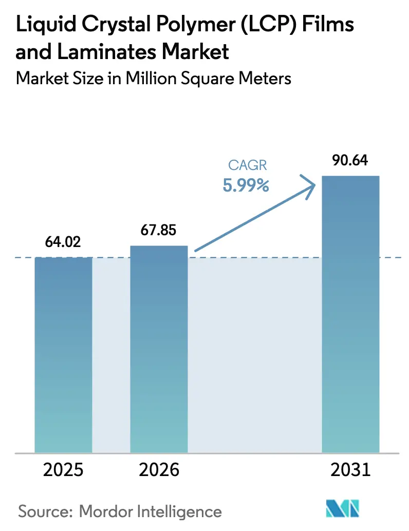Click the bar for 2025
pyautogui.click(x=63, y=354)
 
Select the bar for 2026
pyautogui.click(x=159, y=349)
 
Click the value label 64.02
pyautogui.click(x=63, y=241)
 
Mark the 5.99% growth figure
pyautogui.click(x=246, y=185)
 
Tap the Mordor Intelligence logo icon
pyautogui.click(x=343, y=509)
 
